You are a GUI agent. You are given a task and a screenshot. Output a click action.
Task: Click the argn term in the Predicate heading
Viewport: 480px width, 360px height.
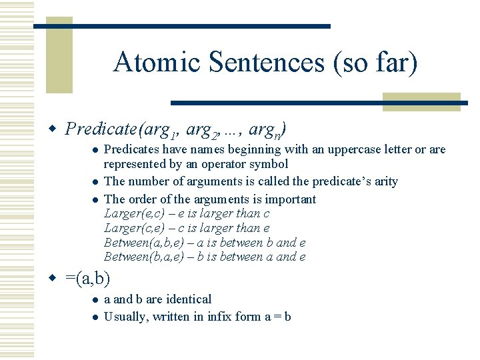(x=267, y=129)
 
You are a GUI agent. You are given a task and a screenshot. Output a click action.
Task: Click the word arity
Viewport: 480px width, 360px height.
(x=385, y=181)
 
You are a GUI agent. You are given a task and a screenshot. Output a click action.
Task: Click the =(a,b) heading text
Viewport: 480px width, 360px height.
(x=88, y=278)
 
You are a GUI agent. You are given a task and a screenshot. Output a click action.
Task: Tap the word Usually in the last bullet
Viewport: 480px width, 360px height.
(x=126, y=317)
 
